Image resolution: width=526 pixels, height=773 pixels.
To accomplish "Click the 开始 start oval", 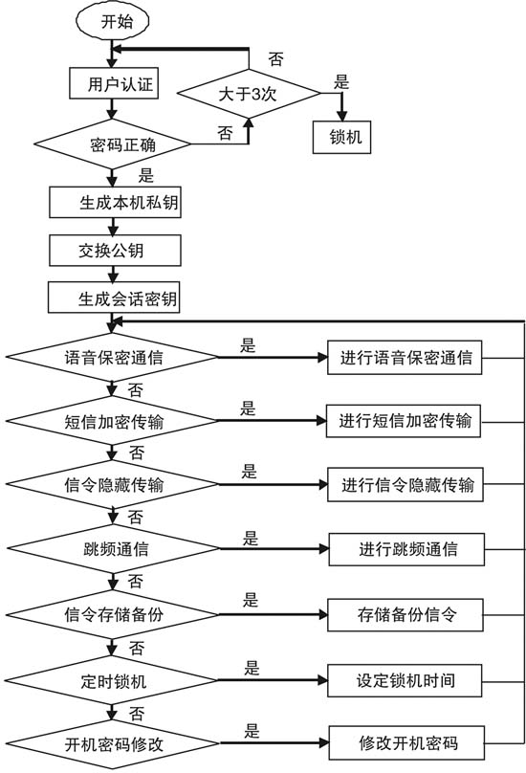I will (113, 22).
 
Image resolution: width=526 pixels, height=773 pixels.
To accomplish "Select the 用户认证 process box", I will (113, 83).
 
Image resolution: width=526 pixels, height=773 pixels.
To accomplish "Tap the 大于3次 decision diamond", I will (249, 95).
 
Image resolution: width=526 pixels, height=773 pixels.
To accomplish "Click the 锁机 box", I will (341, 137).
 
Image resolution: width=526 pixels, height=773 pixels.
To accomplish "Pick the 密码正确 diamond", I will (113, 145).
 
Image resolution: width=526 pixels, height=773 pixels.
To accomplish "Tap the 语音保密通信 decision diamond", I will (113, 359).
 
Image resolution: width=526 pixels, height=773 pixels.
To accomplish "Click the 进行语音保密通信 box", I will (406, 360).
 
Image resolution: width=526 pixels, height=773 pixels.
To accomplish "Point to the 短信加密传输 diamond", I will (113, 422).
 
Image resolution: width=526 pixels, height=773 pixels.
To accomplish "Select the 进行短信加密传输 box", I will (406, 422).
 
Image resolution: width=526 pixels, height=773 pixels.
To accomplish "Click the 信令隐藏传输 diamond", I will (113, 485).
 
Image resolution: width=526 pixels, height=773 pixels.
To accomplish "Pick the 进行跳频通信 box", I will (406, 549).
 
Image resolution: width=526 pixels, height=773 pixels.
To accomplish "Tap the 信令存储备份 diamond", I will (113, 613).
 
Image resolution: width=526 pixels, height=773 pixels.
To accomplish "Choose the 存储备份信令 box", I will (406, 614).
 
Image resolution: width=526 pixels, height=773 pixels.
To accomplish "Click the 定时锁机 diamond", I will (113, 681).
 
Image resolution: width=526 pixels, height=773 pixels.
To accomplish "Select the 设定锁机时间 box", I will (406, 681).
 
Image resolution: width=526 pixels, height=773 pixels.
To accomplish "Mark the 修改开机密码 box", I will (406, 742).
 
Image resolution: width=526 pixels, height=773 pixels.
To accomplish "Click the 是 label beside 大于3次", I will (341, 82).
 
